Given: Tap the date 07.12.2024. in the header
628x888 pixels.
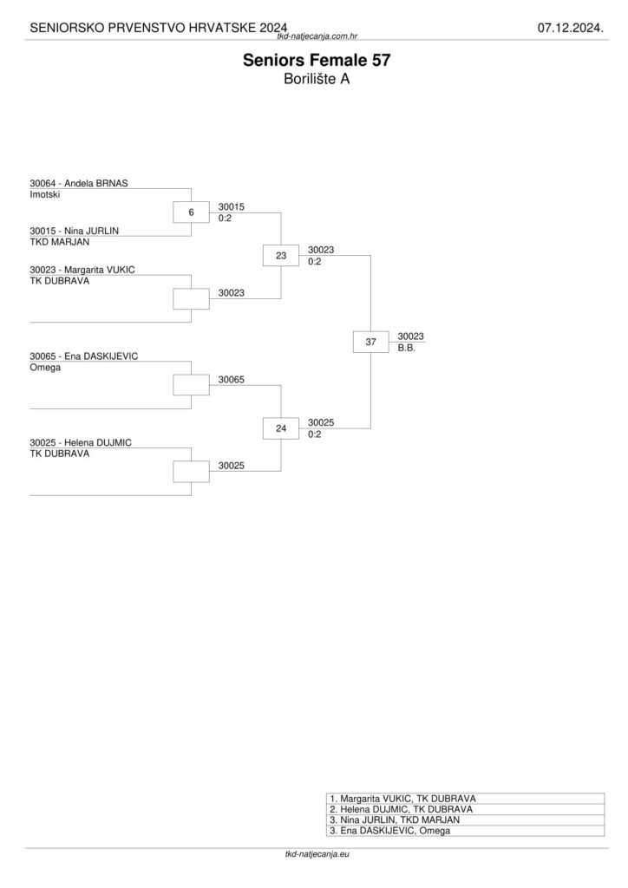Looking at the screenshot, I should click(x=570, y=29).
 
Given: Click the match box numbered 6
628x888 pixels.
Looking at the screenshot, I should click(x=191, y=212).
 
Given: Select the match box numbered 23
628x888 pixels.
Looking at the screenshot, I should click(x=281, y=256).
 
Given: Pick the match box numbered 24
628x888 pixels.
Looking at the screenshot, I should click(x=281, y=428).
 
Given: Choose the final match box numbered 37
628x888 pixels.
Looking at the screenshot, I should click(x=371, y=343).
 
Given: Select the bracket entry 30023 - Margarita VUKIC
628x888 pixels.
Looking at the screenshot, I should click(x=82, y=270).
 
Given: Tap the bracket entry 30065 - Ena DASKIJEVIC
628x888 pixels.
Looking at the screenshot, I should click(x=83, y=356).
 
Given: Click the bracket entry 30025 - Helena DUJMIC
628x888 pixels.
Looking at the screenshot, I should click(x=80, y=442).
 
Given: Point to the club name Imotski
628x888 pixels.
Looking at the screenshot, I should click(x=44, y=194).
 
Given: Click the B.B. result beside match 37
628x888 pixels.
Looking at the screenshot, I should click(x=407, y=349).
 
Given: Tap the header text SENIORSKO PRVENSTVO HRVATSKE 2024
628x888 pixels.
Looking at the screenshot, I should click(x=159, y=29).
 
